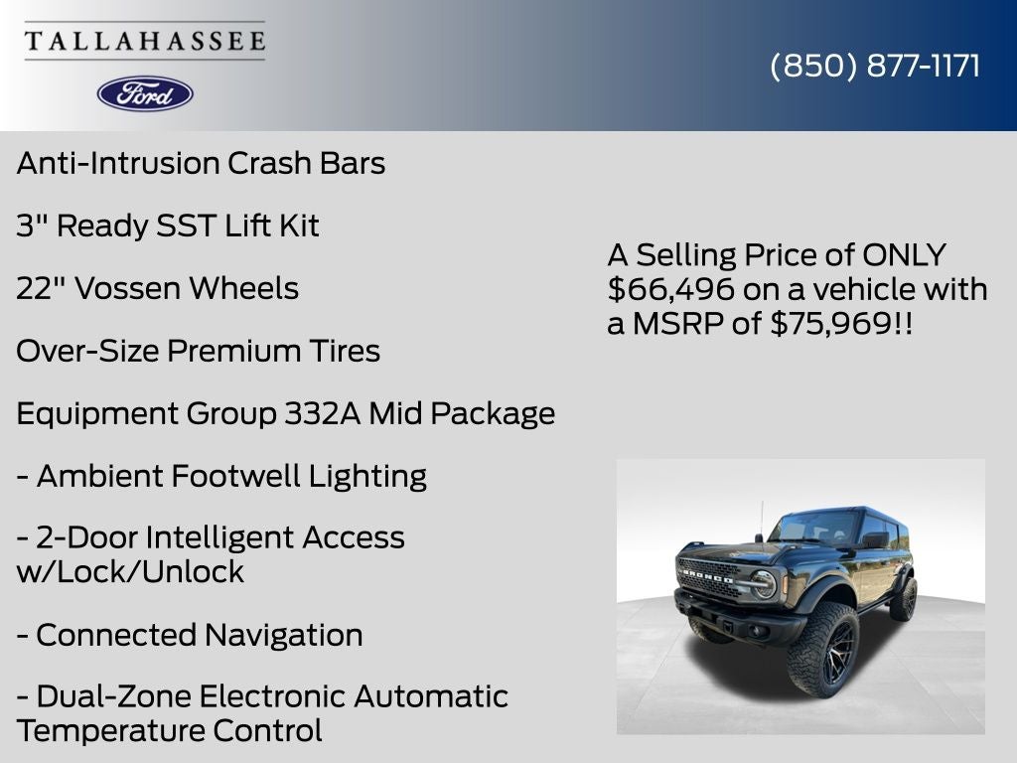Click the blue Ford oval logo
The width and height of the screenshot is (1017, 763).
[x=145, y=93]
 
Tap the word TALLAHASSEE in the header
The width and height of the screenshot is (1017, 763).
[x=145, y=41]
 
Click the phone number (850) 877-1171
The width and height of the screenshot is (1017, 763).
[x=875, y=66]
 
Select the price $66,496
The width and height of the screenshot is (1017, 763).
[x=671, y=289]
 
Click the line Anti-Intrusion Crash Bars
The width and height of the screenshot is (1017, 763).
[x=201, y=163]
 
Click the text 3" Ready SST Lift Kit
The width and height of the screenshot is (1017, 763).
[x=168, y=226]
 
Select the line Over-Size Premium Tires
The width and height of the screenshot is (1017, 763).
[x=199, y=351]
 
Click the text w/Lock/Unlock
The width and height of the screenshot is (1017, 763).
[x=130, y=571]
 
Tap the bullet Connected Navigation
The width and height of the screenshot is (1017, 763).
[x=199, y=635]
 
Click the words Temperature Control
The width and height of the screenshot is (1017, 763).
[x=170, y=731]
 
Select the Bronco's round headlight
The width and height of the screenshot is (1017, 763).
[x=762, y=583]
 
